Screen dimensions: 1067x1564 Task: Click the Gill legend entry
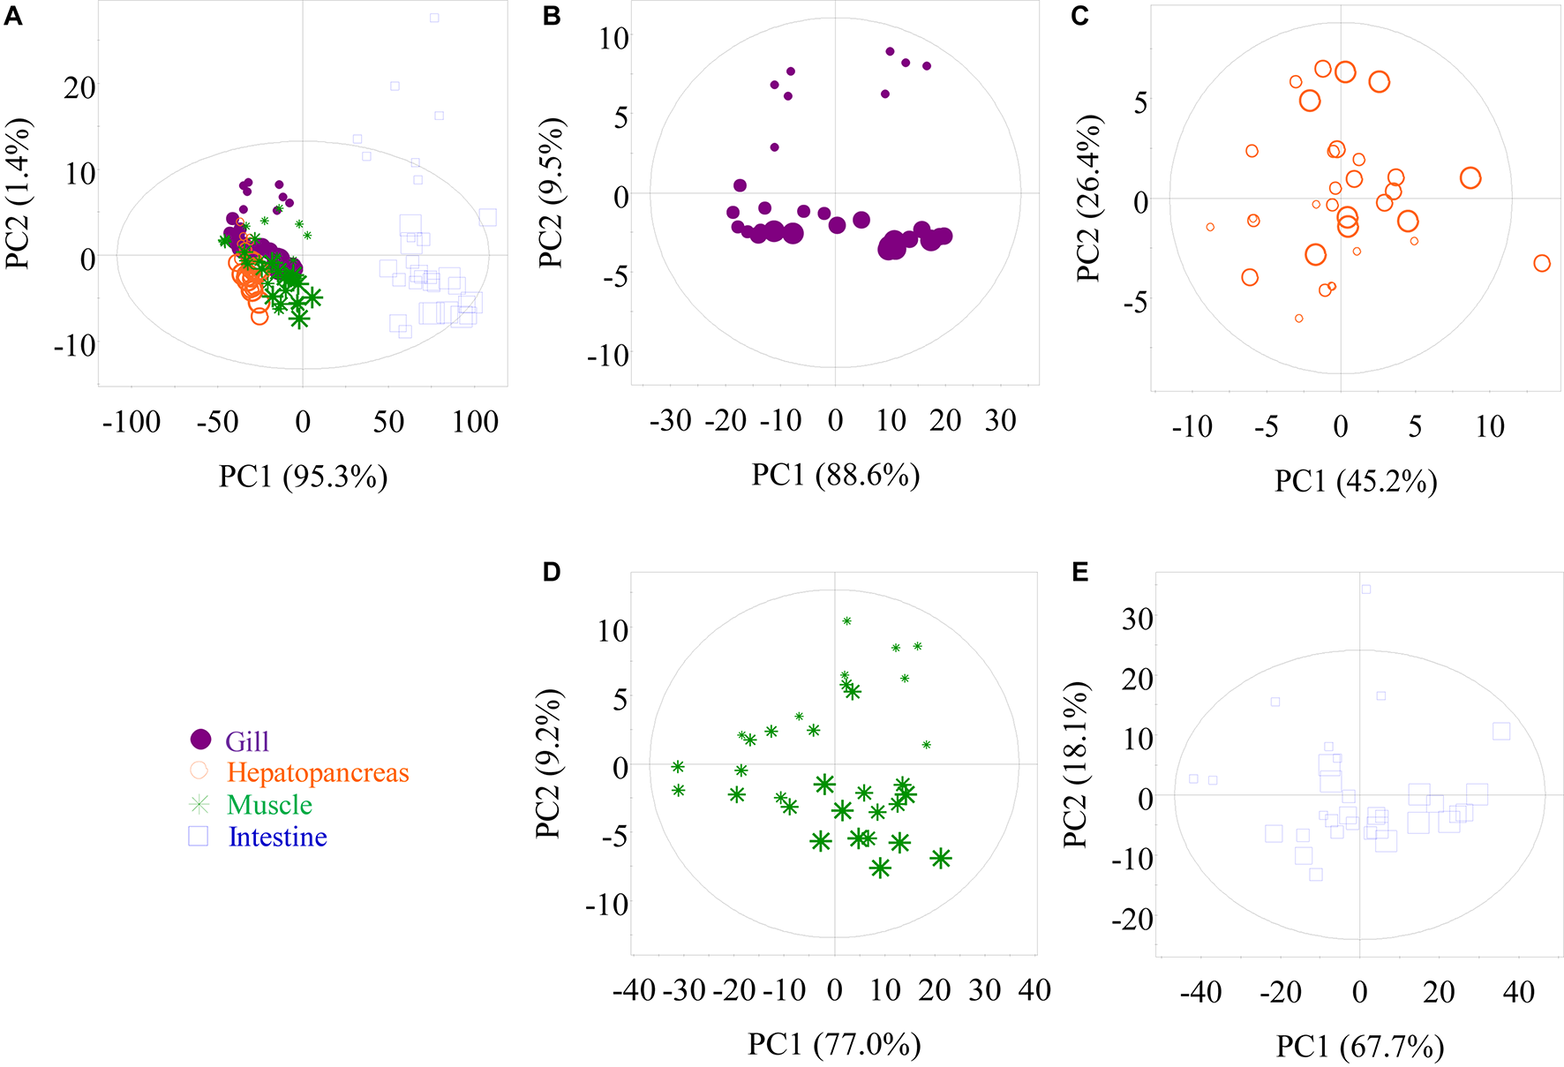246,741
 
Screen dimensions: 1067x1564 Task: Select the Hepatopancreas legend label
318,773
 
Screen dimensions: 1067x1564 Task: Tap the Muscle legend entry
269,805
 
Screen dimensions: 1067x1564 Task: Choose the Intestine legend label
277,837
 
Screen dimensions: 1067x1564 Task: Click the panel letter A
12,16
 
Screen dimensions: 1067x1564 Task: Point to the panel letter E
1079,573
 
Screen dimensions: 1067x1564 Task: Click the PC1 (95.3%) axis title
303,477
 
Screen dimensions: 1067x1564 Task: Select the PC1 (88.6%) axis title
835,475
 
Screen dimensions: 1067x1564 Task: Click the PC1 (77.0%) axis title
834,1044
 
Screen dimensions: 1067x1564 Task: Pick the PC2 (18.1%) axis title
1075,764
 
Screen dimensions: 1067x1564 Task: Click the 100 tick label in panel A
475,422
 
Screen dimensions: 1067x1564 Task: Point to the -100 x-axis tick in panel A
132,422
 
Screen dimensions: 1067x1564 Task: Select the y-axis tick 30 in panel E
1137,619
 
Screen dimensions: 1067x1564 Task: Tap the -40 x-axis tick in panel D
635,990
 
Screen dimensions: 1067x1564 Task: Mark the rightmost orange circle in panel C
1542,263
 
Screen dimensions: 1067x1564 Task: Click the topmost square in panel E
1365,590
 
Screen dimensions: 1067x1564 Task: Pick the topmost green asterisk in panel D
847,621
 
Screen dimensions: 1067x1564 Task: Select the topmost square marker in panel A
434,18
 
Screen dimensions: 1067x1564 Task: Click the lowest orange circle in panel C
1299,319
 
